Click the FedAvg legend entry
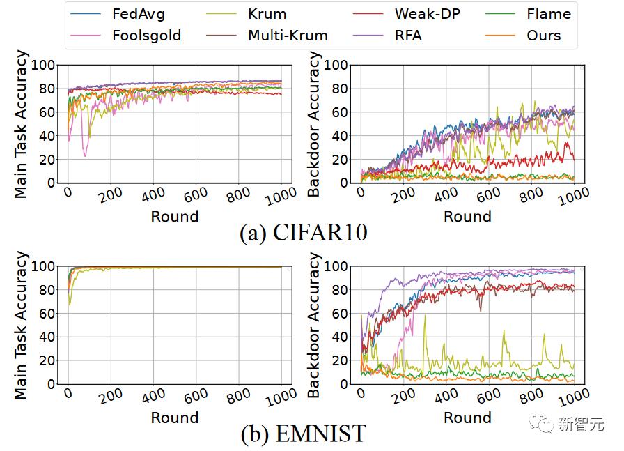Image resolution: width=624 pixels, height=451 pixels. (118, 14)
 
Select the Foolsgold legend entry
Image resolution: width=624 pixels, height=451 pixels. (125, 36)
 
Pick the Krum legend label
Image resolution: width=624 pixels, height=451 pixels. (267, 14)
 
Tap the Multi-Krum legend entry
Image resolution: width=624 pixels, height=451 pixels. (267, 36)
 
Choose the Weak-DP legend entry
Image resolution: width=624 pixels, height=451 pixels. (406, 14)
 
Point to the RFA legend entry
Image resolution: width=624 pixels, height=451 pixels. (387, 36)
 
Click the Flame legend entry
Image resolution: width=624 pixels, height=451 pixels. (528, 14)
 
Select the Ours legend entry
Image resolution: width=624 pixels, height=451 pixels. (523, 36)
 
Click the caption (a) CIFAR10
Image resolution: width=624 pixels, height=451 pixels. (303, 232)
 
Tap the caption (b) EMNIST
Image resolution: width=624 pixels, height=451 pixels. (303, 434)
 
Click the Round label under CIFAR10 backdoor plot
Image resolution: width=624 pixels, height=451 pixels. (467, 216)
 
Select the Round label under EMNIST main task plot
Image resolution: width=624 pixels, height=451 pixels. (175, 418)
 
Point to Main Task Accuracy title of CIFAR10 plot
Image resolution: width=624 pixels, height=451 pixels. (20, 124)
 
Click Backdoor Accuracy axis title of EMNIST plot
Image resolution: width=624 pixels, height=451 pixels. (313, 325)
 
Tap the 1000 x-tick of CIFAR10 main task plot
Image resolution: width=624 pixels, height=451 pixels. (281, 196)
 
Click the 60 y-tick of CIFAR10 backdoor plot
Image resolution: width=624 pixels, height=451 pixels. (339, 112)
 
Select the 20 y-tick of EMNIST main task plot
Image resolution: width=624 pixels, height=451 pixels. (47, 360)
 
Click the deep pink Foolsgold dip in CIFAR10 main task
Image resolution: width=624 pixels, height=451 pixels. (85, 155)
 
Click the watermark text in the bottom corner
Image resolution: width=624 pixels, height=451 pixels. (581, 424)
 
